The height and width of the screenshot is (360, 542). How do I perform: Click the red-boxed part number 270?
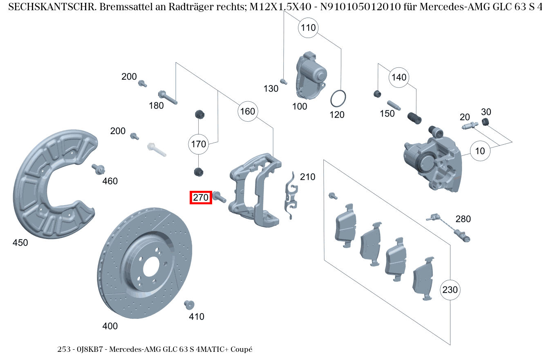[x=201, y=198]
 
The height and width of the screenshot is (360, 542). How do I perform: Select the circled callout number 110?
[x=308, y=28]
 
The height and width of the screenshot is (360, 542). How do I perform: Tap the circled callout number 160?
[x=247, y=111]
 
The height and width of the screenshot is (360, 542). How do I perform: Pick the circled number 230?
[x=450, y=290]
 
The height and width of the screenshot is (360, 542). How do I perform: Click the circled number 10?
[x=480, y=151]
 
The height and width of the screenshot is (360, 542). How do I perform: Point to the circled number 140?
[x=399, y=77]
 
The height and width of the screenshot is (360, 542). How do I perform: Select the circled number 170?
[x=199, y=144]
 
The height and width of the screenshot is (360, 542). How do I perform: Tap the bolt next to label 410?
[x=189, y=304]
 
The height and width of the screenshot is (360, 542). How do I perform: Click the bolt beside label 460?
[x=99, y=168]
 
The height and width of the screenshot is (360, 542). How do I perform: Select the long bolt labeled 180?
[x=168, y=97]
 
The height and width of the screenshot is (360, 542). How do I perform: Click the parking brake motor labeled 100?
[x=311, y=76]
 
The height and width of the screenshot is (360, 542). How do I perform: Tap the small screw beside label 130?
[x=283, y=80]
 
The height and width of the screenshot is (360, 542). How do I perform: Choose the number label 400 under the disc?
[x=110, y=326]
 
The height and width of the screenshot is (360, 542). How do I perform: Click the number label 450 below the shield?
[x=20, y=243]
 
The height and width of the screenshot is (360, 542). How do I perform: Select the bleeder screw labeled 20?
[x=470, y=126]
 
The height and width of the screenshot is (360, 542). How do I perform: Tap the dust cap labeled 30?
[x=486, y=121]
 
